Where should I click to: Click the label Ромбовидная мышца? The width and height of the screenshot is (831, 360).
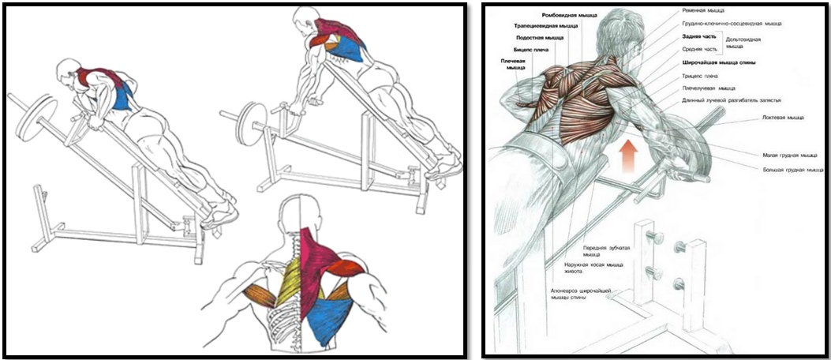pyautogui.click(x=570, y=15)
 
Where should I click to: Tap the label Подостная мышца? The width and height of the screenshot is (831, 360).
pyautogui.click(x=541, y=37)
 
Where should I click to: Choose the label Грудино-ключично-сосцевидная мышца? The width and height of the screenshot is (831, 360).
pyautogui.click(x=732, y=24)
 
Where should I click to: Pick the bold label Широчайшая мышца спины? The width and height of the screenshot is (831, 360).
pyautogui.click(x=719, y=62)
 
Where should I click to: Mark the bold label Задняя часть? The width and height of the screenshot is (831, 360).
pyautogui.click(x=699, y=36)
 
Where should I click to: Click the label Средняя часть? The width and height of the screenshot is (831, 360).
pyautogui.click(x=698, y=49)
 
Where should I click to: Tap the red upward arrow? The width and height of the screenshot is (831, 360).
pyautogui.click(x=627, y=154)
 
